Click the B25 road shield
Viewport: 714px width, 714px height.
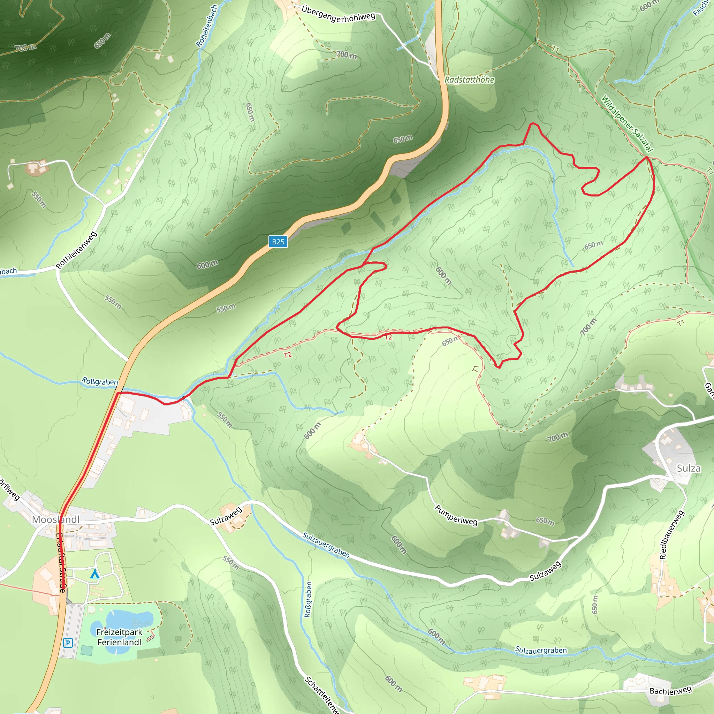(278, 242)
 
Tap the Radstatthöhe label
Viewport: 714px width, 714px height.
(469, 80)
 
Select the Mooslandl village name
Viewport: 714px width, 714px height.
(55, 519)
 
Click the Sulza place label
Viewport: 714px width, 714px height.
(689, 468)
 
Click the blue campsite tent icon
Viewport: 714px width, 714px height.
(95, 574)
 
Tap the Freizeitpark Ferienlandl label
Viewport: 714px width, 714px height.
(119, 637)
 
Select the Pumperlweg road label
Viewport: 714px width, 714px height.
(456, 515)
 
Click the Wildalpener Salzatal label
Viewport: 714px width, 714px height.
(627, 123)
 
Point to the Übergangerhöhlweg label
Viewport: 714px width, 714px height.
(338, 14)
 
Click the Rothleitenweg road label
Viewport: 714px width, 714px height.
(76, 250)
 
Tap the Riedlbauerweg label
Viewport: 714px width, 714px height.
(672, 535)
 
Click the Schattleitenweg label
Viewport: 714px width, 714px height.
(321, 694)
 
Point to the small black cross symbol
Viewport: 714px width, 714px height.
(535, 39)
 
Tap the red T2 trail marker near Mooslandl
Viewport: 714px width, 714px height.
(288, 355)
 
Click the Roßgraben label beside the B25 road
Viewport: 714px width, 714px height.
(100, 381)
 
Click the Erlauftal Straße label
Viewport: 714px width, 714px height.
(61, 562)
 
